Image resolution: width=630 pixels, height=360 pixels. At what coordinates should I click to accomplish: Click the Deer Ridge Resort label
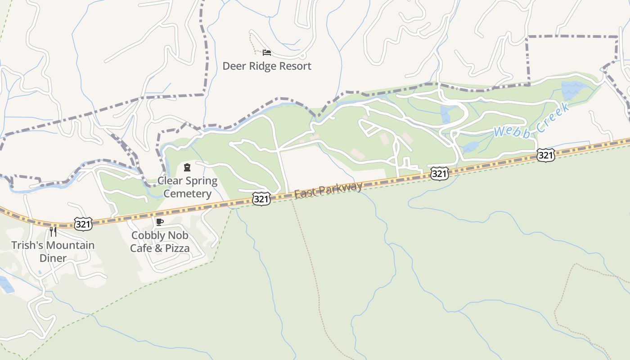pos(267,66)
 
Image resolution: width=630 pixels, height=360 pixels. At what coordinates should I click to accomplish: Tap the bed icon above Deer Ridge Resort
pos(267,53)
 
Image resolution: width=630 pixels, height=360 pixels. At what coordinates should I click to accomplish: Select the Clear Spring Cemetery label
pos(187,187)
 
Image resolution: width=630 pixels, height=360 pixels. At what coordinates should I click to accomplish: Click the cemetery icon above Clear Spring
pos(187,168)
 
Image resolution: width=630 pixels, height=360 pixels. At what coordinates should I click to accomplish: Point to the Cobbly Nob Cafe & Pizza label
pos(160,242)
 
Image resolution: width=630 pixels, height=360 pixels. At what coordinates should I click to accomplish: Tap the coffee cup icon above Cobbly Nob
pos(159,222)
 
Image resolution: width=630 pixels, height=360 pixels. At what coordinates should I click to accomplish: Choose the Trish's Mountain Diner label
pos(53,252)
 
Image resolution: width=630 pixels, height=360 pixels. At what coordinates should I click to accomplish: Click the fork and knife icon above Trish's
pos(53,232)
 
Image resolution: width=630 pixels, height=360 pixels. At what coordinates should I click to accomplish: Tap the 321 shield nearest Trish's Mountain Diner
pos(83,224)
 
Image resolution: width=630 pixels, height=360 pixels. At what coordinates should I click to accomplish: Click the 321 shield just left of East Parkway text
pos(261,199)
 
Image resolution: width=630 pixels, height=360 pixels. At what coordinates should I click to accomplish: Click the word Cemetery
pos(187,194)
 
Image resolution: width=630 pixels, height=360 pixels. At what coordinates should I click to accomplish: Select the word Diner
pos(53,258)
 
